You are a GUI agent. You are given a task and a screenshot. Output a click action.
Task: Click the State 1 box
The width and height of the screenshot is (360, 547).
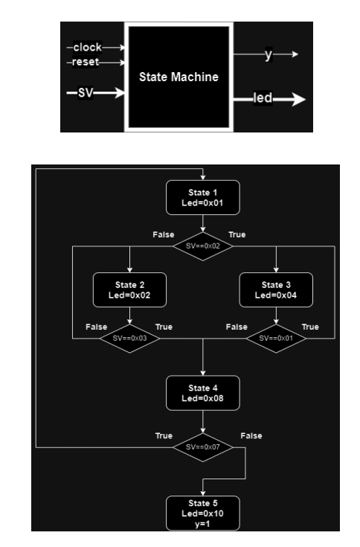[x=202, y=196]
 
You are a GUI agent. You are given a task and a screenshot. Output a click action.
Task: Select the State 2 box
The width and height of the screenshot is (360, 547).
[x=129, y=289]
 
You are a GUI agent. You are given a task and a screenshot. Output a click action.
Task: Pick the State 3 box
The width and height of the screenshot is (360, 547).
[x=275, y=289]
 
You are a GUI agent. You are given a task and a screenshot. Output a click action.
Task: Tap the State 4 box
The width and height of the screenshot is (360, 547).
[x=202, y=393]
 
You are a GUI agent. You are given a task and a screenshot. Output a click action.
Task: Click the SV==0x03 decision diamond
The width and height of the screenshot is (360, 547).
[x=129, y=339]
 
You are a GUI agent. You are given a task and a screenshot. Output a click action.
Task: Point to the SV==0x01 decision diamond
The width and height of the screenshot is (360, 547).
[x=275, y=339]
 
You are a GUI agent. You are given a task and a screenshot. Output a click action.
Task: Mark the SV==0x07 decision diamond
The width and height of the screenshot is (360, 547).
[x=202, y=447]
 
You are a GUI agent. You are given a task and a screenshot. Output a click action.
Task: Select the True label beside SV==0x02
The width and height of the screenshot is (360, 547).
[x=237, y=234]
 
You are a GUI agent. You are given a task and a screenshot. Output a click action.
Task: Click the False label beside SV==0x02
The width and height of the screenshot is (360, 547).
[x=163, y=234]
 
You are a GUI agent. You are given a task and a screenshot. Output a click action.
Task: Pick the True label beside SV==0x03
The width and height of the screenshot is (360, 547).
[x=164, y=327]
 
